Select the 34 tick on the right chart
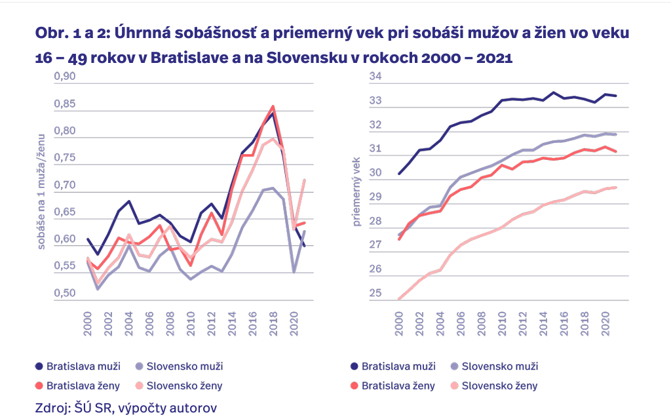[375, 77]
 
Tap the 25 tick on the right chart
[375, 292]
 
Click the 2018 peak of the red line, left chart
[273, 106]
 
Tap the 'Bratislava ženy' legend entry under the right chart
[398, 386]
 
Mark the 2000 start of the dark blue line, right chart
[399, 174]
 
